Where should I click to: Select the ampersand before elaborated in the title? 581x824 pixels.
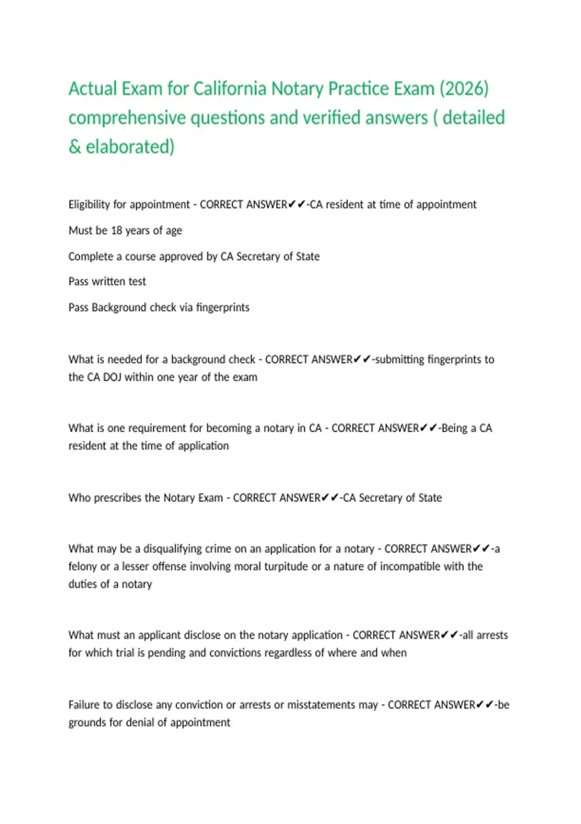75,146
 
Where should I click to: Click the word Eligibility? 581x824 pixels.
89,205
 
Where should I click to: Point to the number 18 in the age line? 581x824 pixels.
116,231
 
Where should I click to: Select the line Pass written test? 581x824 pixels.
107,282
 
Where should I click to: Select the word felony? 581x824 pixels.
82,566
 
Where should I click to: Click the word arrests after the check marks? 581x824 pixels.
491,635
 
